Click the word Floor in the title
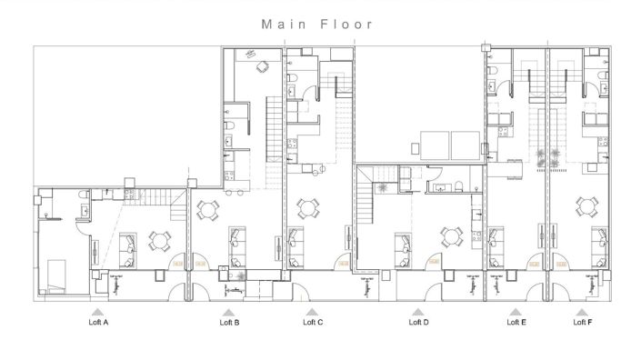tap(345, 25)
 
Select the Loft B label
tap(230, 322)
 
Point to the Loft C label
tap(313, 322)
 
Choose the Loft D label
tap(418, 322)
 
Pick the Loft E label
tap(516, 322)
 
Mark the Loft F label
tap(583, 322)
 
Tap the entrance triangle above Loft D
tap(418, 311)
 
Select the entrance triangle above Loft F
tap(583, 311)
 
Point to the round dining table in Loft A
tap(161, 242)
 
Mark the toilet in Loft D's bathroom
tap(462, 185)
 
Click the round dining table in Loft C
tap(306, 209)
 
